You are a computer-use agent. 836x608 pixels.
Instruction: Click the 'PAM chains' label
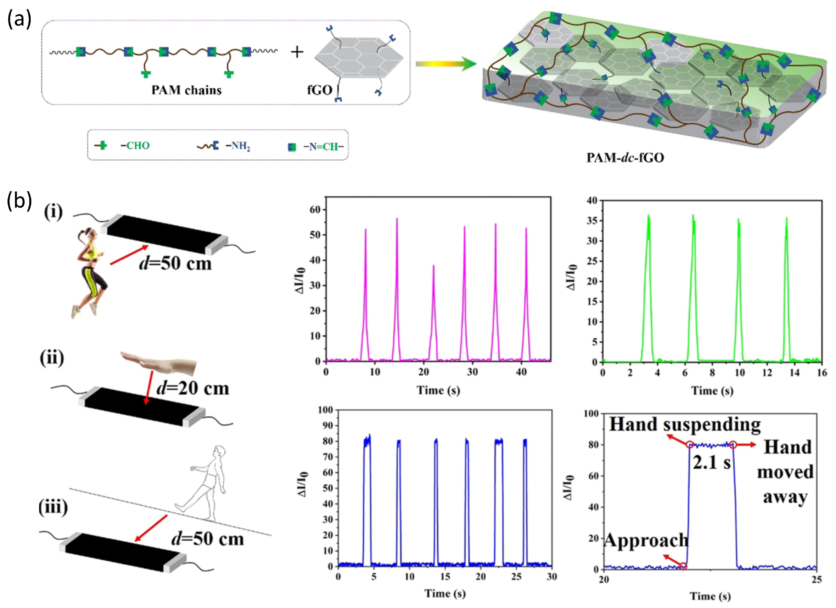coord(187,90)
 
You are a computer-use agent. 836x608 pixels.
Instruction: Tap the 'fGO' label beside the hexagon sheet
coord(320,90)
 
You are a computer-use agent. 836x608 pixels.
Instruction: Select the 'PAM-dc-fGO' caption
coord(625,158)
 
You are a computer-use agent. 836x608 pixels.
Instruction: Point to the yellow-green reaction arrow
coord(446,64)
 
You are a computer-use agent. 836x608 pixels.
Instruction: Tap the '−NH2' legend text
coord(238,146)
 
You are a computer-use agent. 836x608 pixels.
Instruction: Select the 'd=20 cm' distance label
coord(193,388)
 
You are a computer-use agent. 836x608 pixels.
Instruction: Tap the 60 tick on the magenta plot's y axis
coord(315,210)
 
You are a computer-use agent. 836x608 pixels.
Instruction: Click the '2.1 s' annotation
coord(711,463)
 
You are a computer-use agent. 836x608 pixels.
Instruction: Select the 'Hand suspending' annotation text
coord(685,424)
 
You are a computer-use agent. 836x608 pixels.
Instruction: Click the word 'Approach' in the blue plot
coord(646,541)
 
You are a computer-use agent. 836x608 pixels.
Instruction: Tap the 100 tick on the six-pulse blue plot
coord(326,410)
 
